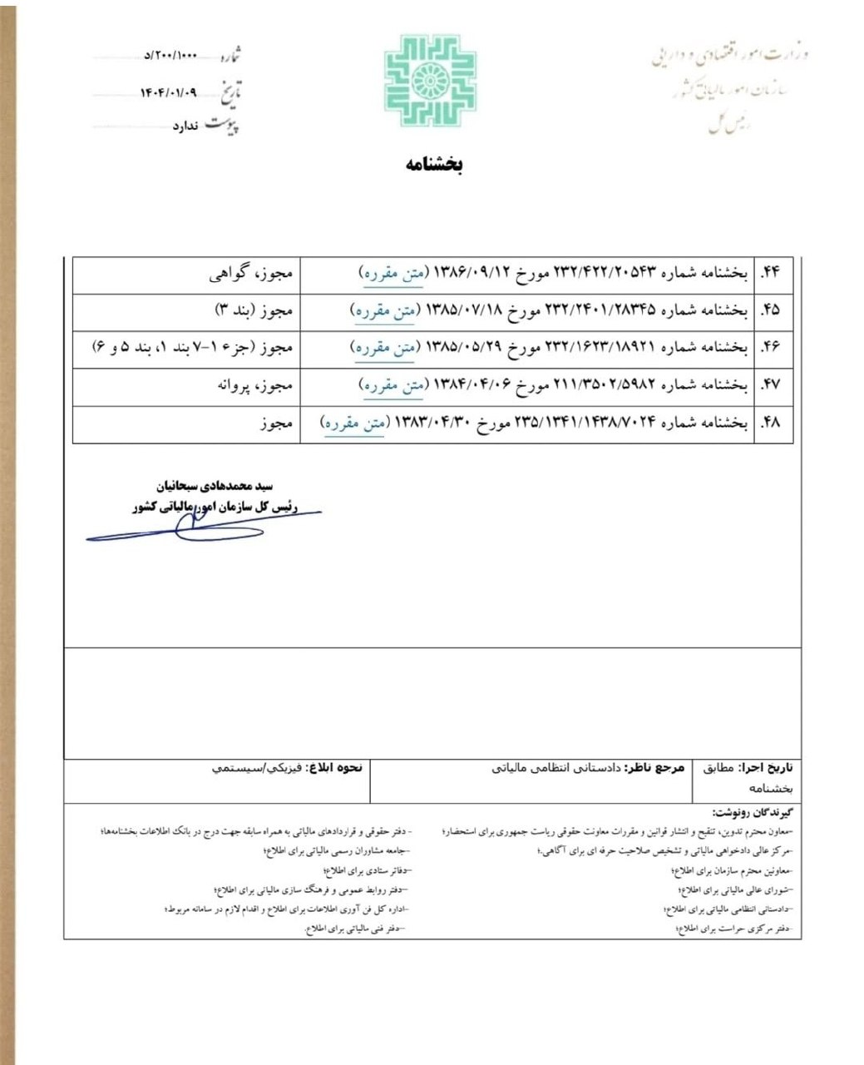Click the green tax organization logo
point(419,80)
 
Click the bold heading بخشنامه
point(434,164)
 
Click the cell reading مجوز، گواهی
point(250,273)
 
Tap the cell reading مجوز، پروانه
point(251,386)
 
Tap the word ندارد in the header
point(187,127)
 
